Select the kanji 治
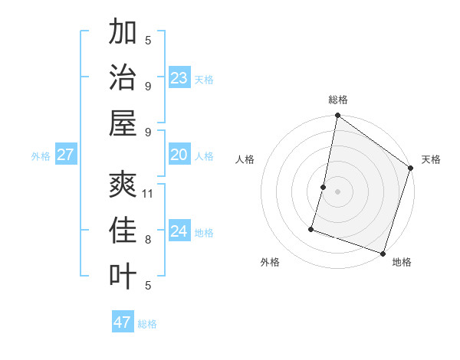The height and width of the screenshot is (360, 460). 123,77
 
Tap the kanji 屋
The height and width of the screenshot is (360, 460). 123,123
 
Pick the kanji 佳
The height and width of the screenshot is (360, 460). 123,231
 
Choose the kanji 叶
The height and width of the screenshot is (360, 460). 123,277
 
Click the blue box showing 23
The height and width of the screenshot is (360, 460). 179,78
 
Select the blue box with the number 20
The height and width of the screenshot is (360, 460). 179,155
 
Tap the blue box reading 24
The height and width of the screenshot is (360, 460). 179,231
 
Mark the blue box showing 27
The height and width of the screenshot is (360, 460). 65,155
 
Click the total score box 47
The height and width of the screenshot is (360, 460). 123,322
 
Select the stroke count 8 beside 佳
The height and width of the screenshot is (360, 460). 148,240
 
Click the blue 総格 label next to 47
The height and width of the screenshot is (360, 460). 147,324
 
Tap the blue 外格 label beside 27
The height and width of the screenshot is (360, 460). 41,156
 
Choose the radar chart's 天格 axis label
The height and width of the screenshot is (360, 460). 431,159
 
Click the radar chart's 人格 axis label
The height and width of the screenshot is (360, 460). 245,159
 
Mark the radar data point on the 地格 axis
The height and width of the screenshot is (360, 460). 383,253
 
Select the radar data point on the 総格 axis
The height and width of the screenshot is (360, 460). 337,116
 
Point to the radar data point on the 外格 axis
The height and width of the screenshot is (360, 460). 312,228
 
